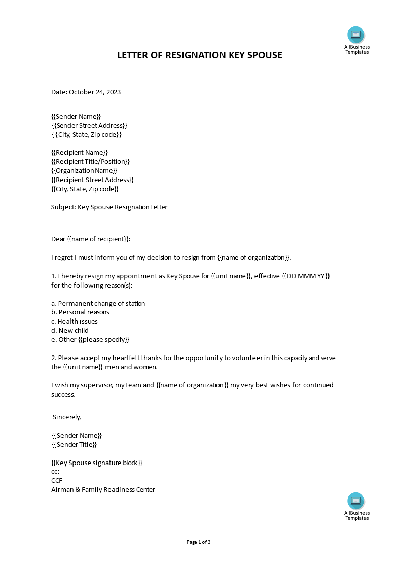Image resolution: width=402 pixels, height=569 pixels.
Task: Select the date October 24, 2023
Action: (95, 92)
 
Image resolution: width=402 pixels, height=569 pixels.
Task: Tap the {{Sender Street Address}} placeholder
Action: (89, 126)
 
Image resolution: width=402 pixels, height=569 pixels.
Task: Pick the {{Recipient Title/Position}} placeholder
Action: (91, 162)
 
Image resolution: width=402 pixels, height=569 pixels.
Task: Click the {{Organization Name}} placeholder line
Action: (84, 171)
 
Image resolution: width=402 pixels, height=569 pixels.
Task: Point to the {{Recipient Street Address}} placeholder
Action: (93, 180)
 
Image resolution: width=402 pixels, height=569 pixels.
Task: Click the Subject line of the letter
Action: (109, 207)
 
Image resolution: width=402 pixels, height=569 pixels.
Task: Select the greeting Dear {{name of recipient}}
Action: (91, 239)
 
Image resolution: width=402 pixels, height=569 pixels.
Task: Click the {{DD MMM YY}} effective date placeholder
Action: (306, 276)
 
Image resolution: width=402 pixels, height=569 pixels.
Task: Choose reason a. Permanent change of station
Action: (98, 304)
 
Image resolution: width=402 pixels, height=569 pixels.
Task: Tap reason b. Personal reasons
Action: (80, 312)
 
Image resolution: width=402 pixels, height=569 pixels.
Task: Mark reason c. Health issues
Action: (75, 322)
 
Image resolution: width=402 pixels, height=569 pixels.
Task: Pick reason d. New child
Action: (70, 331)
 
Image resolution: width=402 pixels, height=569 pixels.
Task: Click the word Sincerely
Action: (67, 417)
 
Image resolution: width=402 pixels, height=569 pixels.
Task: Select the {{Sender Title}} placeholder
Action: (74, 445)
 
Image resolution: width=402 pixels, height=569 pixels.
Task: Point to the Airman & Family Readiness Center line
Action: (103, 490)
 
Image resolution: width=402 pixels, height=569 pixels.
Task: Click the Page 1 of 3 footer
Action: (199, 542)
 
